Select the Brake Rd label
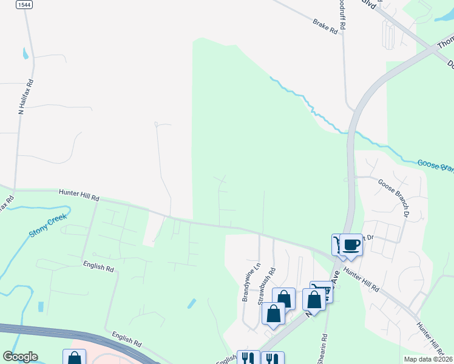pos(325,25)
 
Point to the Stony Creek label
pos(48,224)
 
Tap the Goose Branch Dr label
pos(395,198)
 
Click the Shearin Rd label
pos(326,348)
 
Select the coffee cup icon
pos(351,245)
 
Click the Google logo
pos(20,357)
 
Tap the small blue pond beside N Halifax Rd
pos(25,53)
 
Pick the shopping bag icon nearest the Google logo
pos(74,358)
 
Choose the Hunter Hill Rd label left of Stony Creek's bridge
pos(79,195)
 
